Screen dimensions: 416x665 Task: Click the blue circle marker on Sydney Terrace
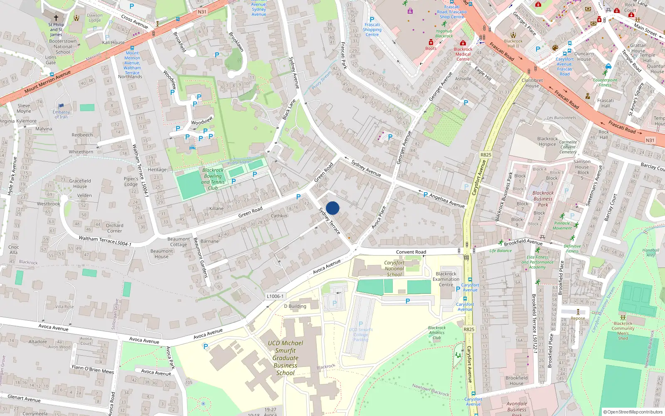(332, 208)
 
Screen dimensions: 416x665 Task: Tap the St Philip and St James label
(56, 30)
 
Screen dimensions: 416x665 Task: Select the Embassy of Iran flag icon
(62, 106)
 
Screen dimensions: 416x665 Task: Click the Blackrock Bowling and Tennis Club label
(213, 179)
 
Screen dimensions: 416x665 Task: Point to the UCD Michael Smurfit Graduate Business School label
(285, 358)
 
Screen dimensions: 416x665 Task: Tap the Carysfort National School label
(394, 268)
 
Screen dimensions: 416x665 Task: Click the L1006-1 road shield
(275, 296)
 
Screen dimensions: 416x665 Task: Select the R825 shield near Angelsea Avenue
(485, 155)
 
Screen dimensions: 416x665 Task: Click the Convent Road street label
(411, 252)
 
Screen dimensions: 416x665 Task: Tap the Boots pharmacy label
(431, 48)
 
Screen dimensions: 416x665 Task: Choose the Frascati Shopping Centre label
(372, 30)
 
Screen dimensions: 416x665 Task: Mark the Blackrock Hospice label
(547, 141)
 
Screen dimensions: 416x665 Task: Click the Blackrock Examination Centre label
(446, 279)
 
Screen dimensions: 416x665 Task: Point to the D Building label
(295, 306)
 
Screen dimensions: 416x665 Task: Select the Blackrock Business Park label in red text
(543, 199)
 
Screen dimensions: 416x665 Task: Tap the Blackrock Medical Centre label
(463, 54)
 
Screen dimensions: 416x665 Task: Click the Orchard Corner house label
(114, 228)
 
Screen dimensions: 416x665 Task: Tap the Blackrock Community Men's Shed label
(623, 331)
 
